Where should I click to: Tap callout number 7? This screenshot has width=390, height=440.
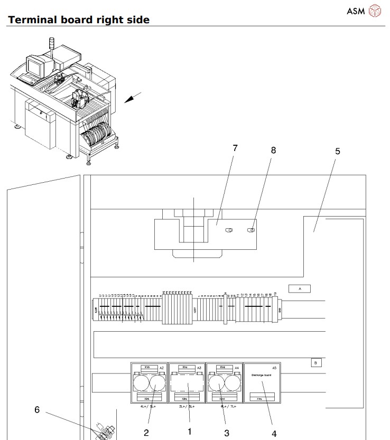click(x=235, y=148)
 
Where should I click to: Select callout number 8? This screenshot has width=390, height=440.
click(x=273, y=150)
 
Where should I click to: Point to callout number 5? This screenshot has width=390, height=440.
click(x=338, y=152)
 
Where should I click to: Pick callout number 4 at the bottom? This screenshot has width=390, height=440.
click(x=274, y=434)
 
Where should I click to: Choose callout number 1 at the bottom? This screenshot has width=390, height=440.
click(x=189, y=431)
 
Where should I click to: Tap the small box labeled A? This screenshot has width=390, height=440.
click(x=299, y=289)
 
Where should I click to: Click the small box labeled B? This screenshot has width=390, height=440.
click(x=315, y=362)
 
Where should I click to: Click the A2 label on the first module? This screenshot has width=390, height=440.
click(x=162, y=367)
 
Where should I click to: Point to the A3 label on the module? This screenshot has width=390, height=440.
click(x=199, y=367)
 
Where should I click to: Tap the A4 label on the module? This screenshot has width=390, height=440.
click(x=237, y=367)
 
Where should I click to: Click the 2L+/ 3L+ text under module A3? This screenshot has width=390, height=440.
click(x=187, y=406)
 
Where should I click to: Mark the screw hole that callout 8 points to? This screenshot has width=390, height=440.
click(x=252, y=230)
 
